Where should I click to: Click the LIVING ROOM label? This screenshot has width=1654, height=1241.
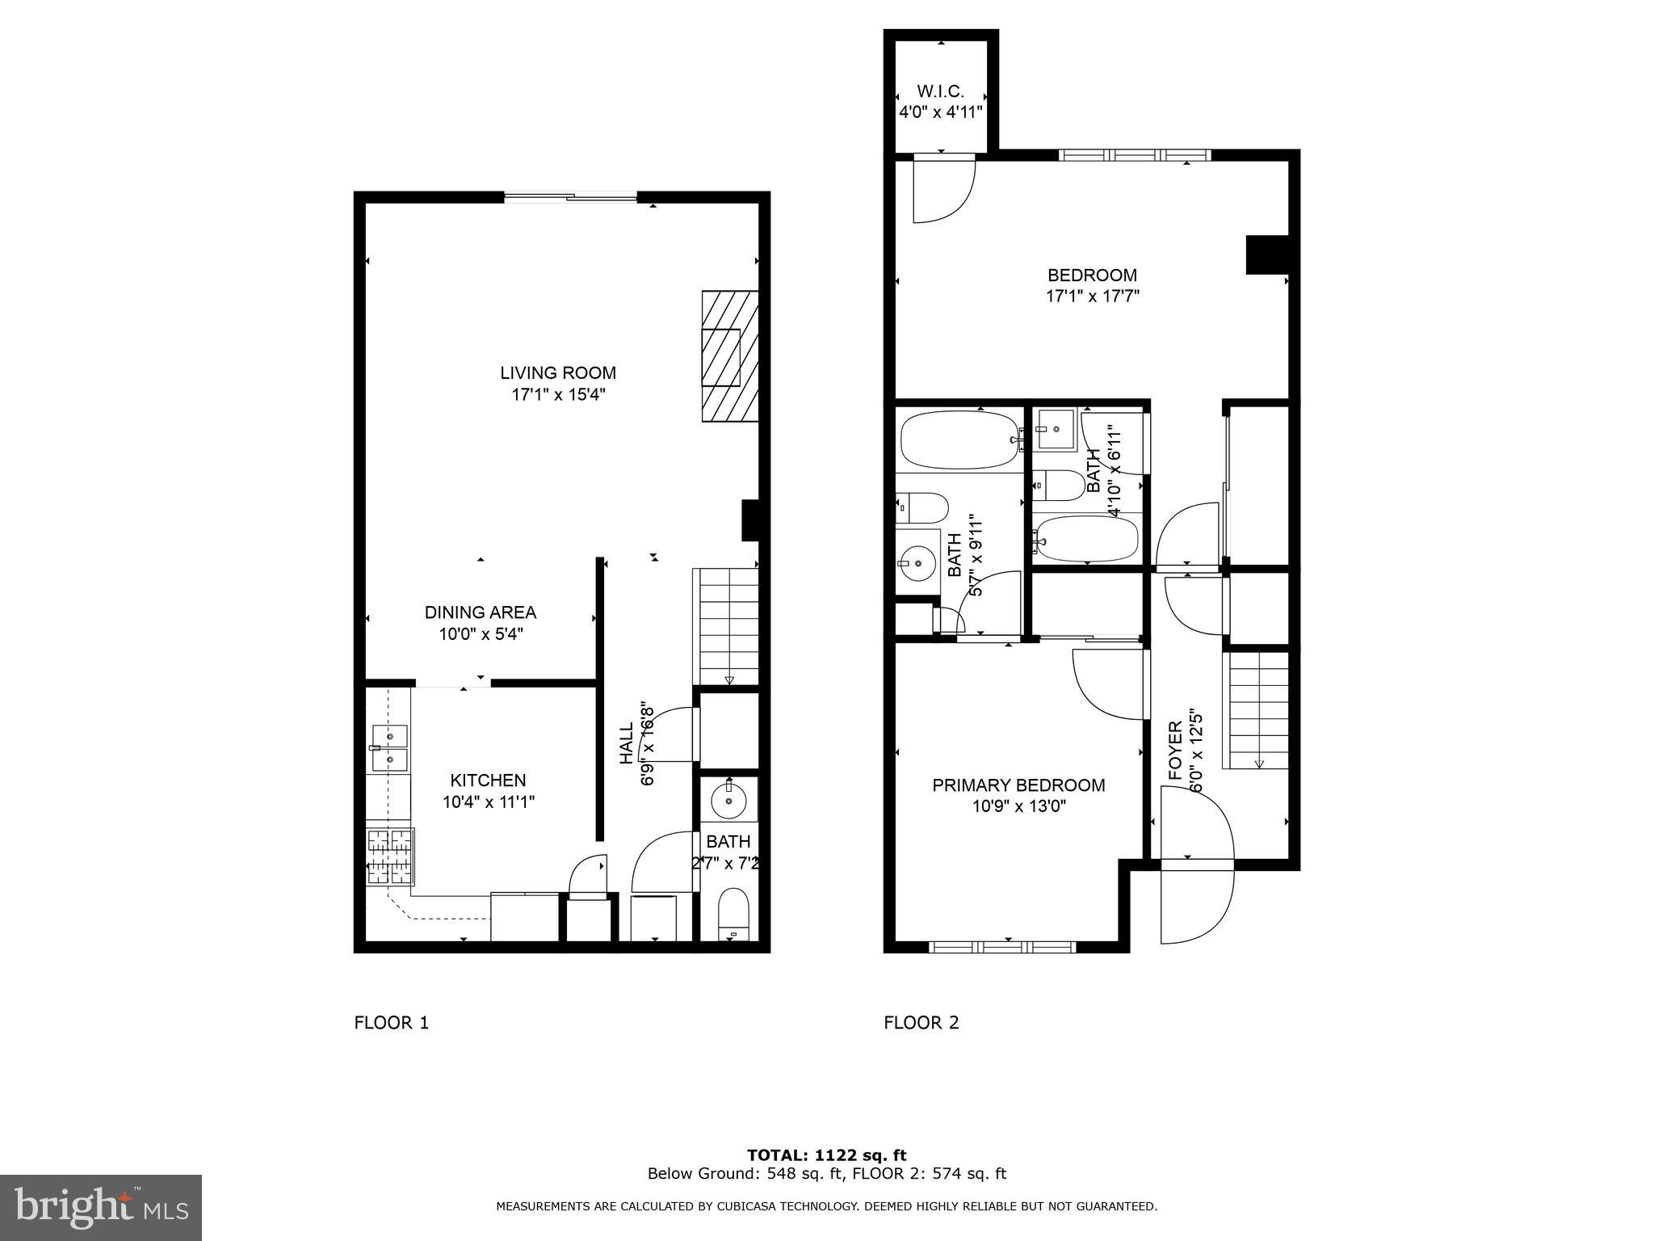tap(557, 372)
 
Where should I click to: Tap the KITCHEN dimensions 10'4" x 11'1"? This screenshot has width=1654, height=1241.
tap(488, 802)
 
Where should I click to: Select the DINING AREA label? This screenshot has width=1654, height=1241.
tap(481, 612)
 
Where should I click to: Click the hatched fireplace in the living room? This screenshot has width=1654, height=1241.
tap(729, 355)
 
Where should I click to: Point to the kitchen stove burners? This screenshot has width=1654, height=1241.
tap(390, 856)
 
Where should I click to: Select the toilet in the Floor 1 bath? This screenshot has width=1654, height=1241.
tap(733, 914)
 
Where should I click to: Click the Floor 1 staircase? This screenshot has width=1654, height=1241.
tap(725, 626)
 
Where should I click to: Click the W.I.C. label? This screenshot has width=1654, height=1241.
tap(940, 91)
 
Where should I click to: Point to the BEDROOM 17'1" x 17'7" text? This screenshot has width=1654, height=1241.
tap(1092, 285)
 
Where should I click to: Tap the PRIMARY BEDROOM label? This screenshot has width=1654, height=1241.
tap(1018, 785)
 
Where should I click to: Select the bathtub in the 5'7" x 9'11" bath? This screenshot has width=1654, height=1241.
tap(959, 440)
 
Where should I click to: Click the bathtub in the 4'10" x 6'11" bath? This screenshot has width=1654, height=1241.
tap(1087, 539)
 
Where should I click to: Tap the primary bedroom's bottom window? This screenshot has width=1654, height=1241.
tap(1001, 946)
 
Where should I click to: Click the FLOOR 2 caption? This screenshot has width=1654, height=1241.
tap(921, 1023)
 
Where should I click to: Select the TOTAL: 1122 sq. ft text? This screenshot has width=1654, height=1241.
tap(826, 1155)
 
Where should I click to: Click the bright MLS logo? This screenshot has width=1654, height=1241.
tap(101, 1207)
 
